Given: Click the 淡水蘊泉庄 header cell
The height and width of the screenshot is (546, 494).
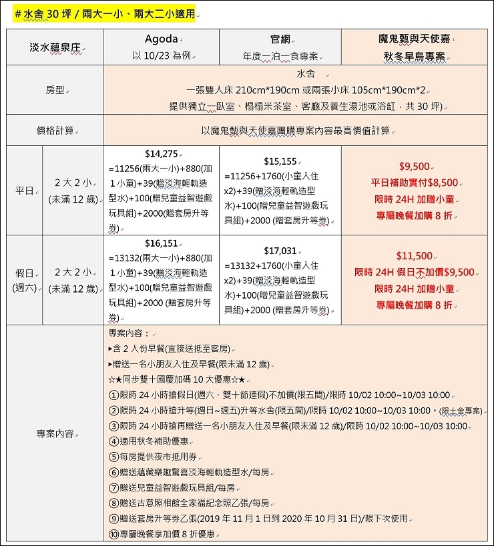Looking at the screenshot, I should click(x=57, y=48).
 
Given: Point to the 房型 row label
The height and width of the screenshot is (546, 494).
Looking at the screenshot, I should click(x=57, y=89).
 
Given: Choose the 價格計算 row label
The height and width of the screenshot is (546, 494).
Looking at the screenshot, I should click(x=57, y=131).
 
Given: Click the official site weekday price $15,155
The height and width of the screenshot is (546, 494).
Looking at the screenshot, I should click(x=280, y=161).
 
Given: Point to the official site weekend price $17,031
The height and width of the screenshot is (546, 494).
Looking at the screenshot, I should click(x=280, y=251).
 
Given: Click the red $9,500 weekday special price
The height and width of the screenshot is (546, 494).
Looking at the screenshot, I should click(x=414, y=166).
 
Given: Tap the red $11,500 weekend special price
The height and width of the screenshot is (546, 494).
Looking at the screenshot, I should click(x=414, y=255).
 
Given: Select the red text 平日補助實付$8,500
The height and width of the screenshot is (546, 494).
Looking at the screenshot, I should click(x=414, y=182).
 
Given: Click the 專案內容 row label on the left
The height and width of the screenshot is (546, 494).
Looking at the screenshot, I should click(x=57, y=434).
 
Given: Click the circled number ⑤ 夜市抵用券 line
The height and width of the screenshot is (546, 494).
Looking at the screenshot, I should click(x=160, y=457).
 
